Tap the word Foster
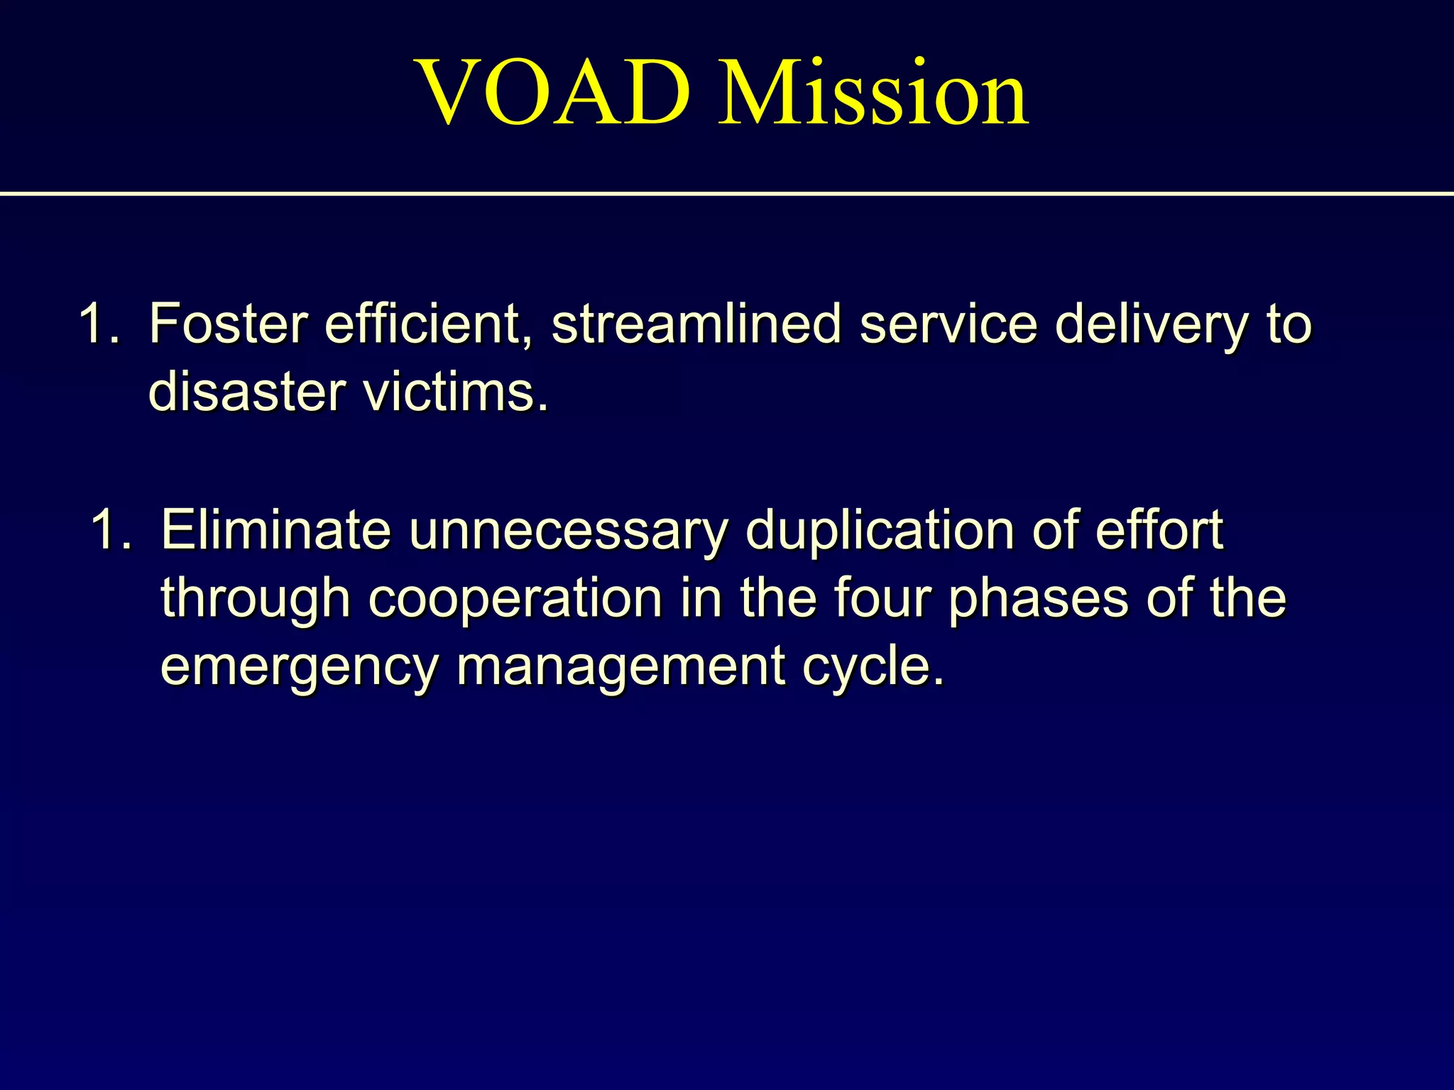coord(228,324)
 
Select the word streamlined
coord(696,324)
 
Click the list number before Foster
coord(99,324)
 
